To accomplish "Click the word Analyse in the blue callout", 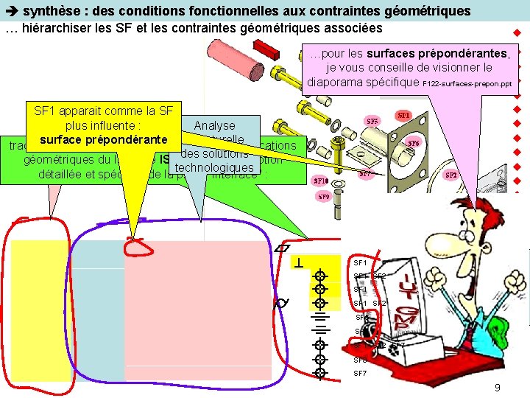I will [214, 126].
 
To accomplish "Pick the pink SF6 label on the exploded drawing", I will [414, 144].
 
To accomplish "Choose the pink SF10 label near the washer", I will [321, 181].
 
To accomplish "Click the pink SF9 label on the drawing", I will [324, 197].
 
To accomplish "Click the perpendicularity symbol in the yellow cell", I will [300, 262].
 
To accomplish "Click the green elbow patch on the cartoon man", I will [503, 329].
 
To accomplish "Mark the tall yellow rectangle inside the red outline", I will [41, 310].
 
